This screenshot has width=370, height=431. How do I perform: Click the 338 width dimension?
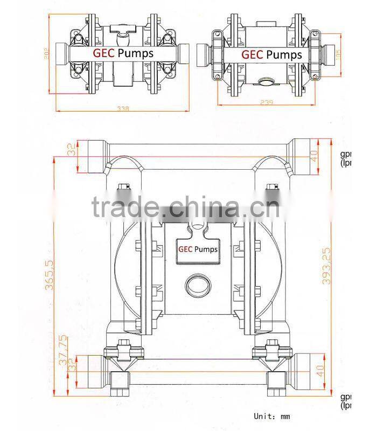(x=123, y=108)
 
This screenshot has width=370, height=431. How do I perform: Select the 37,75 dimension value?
(x=63, y=350)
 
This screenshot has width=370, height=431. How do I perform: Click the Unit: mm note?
(x=272, y=416)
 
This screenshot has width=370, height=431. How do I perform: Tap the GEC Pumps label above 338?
(x=123, y=53)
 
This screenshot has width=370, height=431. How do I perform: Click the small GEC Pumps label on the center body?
(x=198, y=249)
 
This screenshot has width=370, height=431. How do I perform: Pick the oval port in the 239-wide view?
(x=266, y=82)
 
